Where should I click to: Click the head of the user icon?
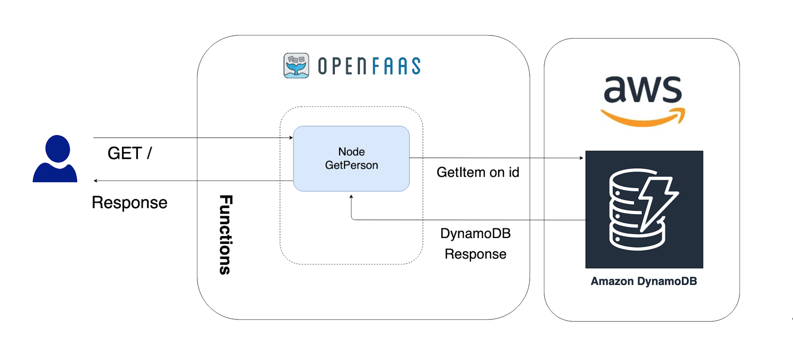58,148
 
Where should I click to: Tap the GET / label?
130,153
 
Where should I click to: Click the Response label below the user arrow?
129,202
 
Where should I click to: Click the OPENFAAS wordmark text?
369,66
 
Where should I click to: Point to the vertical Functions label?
226,234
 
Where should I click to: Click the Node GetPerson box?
351,179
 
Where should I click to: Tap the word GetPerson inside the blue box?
351,165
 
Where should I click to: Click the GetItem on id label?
478,172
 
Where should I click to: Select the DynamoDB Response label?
475,243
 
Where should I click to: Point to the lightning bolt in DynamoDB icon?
659,203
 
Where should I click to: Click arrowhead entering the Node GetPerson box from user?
291,137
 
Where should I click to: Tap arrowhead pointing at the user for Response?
96,181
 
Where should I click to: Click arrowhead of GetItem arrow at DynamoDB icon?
581,158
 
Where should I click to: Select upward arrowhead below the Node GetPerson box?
351,196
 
